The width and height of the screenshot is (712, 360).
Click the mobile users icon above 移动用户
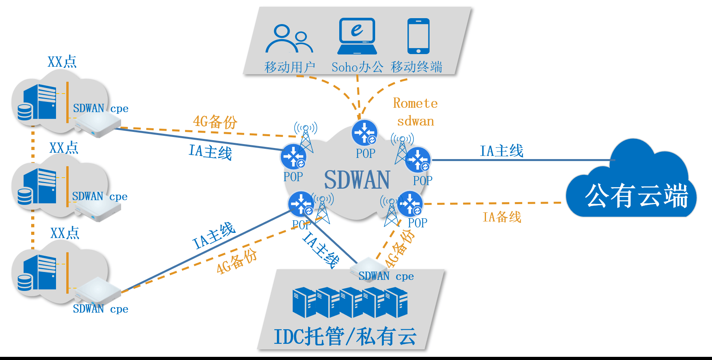click(x=289, y=39)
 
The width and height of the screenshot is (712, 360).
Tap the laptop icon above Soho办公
click(x=357, y=36)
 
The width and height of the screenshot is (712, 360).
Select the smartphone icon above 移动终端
click(x=418, y=36)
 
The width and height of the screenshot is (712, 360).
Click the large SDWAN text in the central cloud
click(x=357, y=180)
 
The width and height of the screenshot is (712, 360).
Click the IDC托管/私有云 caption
click(x=345, y=337)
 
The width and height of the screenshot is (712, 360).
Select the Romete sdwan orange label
click(x=415, y=112)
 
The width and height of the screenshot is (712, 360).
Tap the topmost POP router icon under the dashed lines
click(x=364, y=133)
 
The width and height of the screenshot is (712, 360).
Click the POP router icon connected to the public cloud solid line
click(x=418, y=160)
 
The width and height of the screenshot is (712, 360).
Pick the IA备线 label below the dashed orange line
click(x=502, y=217)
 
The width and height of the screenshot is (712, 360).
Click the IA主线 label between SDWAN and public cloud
click(x=501, y=151)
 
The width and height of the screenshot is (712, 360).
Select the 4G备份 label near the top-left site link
click(x=215, y=121)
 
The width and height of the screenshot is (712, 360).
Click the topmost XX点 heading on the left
click(x=62, y=62)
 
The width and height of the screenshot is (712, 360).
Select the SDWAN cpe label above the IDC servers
click(x=386, y=276)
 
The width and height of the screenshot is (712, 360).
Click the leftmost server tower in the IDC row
click(x=304, y=302)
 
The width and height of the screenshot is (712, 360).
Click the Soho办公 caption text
click(x=357, y=67)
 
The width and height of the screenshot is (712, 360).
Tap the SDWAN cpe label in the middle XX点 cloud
click(x=99, y=197)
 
